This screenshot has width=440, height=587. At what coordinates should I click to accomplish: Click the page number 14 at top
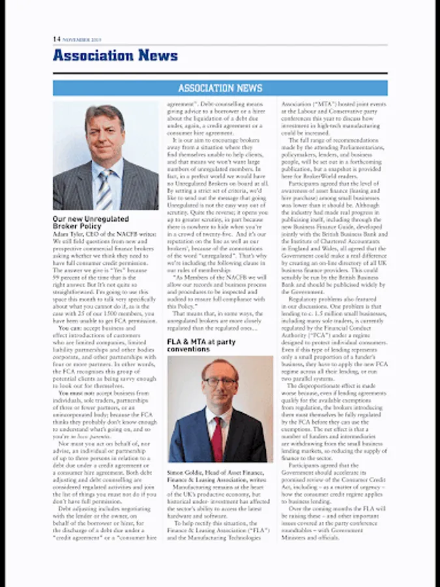point(57,39)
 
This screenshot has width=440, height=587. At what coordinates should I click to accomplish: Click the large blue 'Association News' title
point(115,55)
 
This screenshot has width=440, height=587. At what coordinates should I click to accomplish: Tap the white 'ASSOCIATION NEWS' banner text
point(220,88)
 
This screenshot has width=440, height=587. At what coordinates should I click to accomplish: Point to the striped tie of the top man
point(104,190)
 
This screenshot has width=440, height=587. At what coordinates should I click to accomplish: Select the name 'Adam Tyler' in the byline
point(67,233)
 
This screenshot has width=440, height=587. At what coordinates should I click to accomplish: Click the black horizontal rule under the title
point(220,73)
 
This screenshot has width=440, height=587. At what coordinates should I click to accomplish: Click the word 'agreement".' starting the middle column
point(183,104)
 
